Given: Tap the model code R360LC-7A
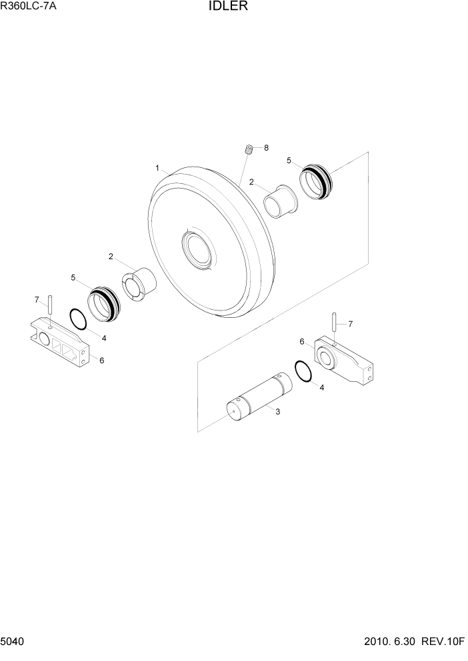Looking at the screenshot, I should pyautogui.click(x=29, y=8).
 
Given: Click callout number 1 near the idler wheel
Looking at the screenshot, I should pyautogui.click(x=157, y=169).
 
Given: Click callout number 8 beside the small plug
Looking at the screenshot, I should pyautogui.click(x=266, y=148).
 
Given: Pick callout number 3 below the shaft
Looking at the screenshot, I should pyautogui.click(x=277, y=412).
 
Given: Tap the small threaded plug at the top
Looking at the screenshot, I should pyautogui.click(x=248, y=149).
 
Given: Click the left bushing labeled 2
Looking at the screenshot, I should pyautogui.click(x=137, y=283).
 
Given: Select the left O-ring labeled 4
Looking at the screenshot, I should pyautogui.click(x=79, y=319).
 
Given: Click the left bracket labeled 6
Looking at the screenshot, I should pyautogui.click(x=58, y=342).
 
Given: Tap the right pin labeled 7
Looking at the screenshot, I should pyautogui.click(x=333, y=323).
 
